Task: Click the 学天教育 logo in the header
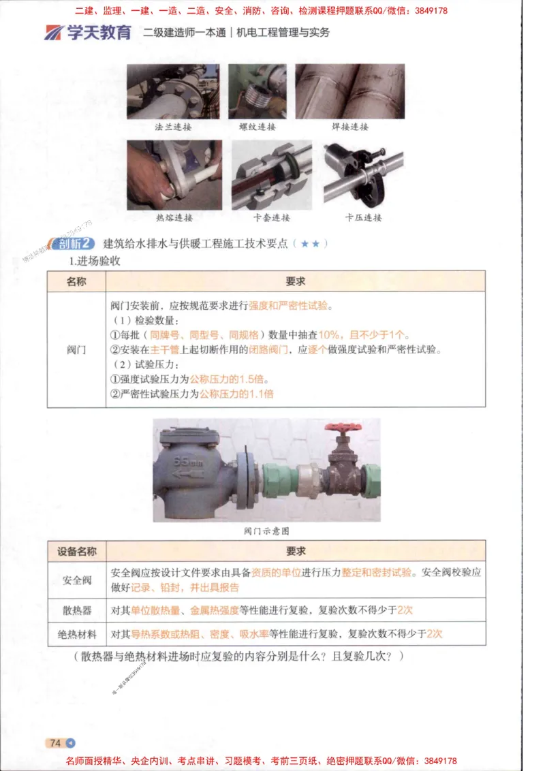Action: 88,33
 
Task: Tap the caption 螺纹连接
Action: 257,127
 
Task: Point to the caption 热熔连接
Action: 174,218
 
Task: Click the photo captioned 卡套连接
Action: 271,175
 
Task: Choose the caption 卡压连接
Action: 363,218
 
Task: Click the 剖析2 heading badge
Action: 73,244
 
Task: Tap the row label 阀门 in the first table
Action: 76,349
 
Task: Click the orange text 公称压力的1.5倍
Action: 230,379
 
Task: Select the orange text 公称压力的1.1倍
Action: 236,394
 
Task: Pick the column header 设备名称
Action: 76,551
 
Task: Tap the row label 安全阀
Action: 76,580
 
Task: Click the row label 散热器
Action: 76,610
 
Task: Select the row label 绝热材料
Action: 76,634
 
